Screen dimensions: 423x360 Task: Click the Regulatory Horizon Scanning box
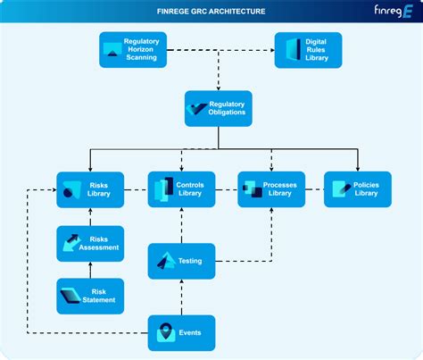(133, 50)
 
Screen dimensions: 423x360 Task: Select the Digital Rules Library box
(308, 50)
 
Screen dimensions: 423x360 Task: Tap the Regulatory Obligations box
(219, 108)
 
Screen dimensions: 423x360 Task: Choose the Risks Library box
(90, 189)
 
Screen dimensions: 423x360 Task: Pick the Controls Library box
(181, 189)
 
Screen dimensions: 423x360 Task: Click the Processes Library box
(271, 189)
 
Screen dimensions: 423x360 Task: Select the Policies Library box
(358, 189)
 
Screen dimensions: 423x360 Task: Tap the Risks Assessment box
(90, 244)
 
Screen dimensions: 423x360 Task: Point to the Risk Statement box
(90, 297)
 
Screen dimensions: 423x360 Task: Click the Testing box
(181, 261)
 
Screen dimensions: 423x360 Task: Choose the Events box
(181, 333)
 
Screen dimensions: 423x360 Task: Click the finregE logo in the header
(394, 12)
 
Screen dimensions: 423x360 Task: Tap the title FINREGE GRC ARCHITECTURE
(211, 12)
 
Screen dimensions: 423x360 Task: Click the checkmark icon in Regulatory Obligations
(196, 109)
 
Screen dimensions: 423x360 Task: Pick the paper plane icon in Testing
(166, 261)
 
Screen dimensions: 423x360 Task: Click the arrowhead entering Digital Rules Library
(272, 50)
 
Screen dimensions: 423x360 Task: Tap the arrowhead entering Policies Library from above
(358, 169)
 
